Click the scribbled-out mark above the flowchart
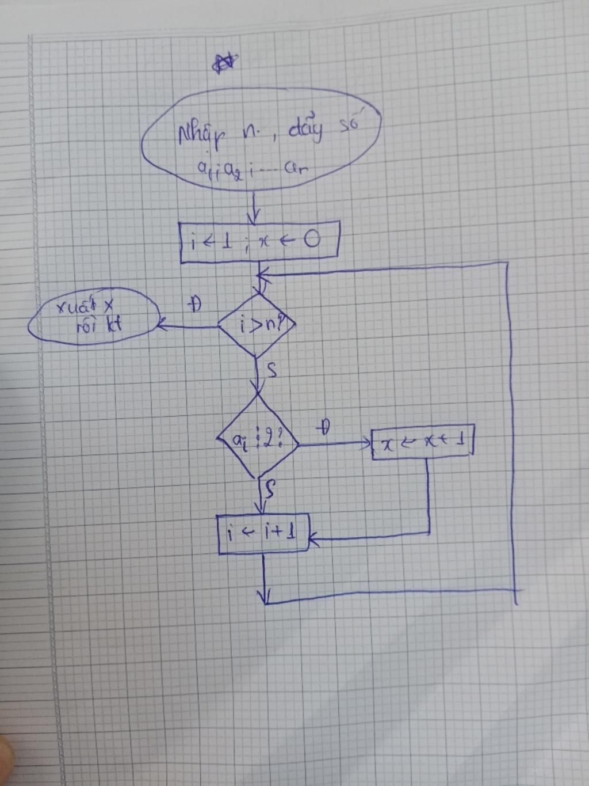(x=224, y=63)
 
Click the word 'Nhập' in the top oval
(x=197, y=136)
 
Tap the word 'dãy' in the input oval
(x=305, y=132)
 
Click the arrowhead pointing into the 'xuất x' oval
(x=162, y=326)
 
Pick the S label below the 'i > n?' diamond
(x=273, y=370)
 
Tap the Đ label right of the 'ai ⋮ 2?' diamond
(x=325, y=427)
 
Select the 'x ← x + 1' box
(x=423, y=444)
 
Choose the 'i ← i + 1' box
(x=263, y=534)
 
